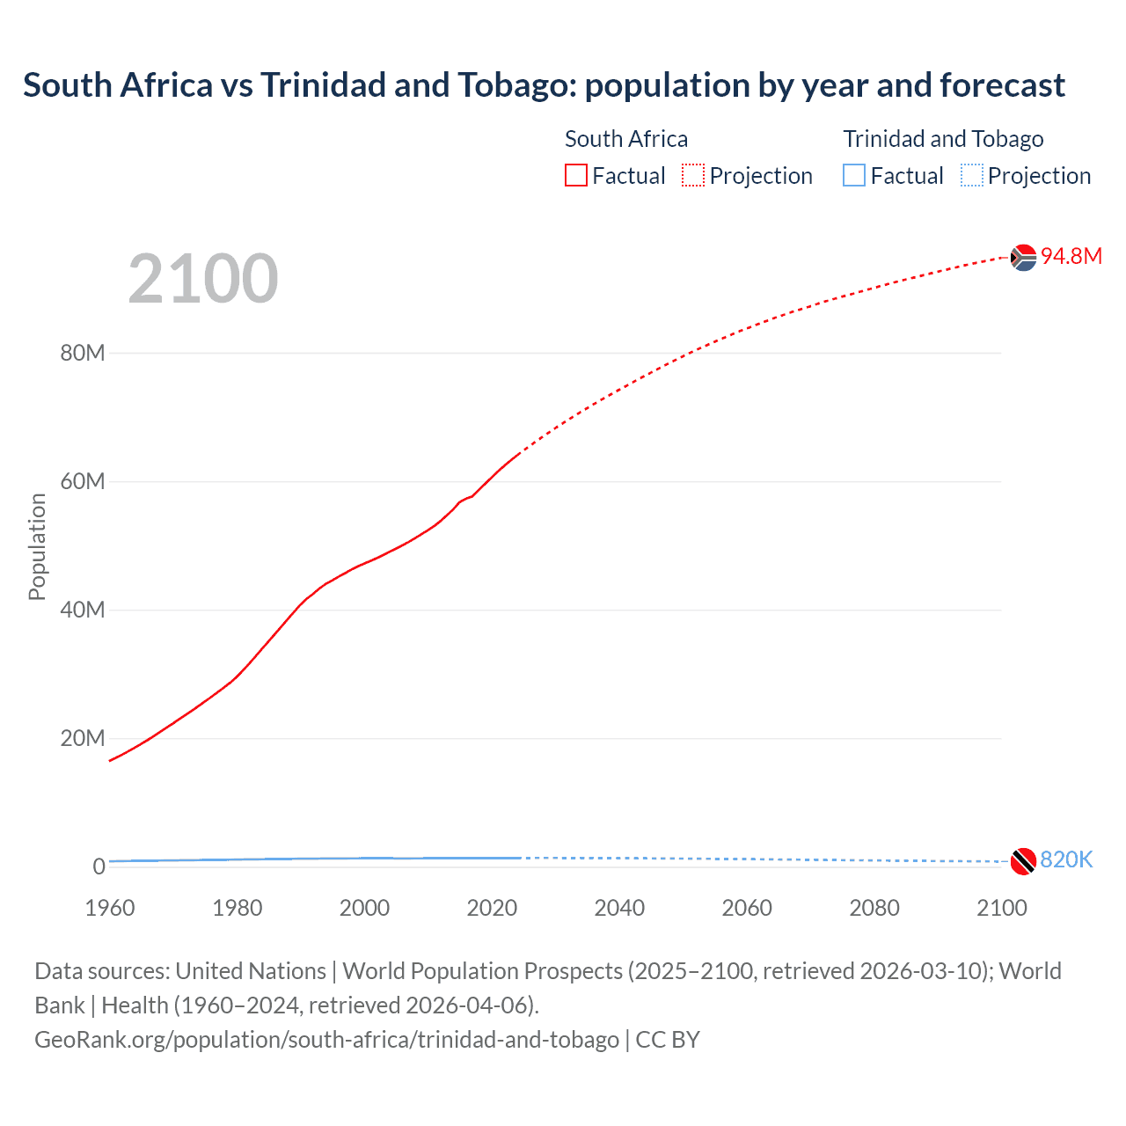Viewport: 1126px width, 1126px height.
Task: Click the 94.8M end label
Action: (1071, 256)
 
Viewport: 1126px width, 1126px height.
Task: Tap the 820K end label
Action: (1065, 859)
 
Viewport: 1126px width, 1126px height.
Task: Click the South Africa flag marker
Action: (1023, 258)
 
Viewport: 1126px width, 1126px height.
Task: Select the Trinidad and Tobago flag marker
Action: (1023, 861)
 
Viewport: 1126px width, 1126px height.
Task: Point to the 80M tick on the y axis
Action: (83, 353)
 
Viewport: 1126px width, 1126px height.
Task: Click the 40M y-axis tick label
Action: (83, 610)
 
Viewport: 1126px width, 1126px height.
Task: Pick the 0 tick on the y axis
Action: (99, 866)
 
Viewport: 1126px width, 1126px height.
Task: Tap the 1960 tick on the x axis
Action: (110, 908)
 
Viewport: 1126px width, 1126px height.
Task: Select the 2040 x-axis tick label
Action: (619, 908)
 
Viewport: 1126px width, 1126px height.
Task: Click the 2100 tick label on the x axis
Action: (1001, 908)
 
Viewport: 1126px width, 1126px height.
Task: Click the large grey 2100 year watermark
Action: (203, 279)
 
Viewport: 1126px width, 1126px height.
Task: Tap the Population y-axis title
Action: (37, 546)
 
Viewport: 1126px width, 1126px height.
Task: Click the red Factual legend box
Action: (575, 175)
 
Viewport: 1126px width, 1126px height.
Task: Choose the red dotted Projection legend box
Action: (693, 175)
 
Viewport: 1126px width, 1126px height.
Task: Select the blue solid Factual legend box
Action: (854, 175)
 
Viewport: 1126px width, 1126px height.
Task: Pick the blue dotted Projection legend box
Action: (971, 175)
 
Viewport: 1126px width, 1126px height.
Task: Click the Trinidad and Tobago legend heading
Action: (943, 139)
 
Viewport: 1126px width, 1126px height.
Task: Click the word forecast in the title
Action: (1002, 85)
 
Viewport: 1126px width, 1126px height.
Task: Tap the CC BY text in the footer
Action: (668, 1039)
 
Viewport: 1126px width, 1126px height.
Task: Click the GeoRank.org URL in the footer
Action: (326, 1039)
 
